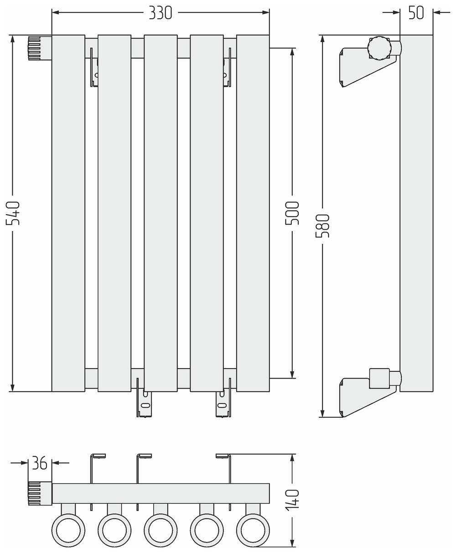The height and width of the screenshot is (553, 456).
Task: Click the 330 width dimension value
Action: tap(161, 14)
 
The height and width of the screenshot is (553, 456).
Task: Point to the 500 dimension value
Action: tap(292, 213)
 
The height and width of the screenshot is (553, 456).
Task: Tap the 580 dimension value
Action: tap(323, 226)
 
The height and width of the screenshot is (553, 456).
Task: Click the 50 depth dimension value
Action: tap(416, 13)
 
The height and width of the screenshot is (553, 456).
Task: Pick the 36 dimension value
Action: tap(40, 463)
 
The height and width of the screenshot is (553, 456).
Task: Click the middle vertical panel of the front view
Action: tap(161, 213)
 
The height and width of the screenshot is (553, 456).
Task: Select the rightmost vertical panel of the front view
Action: tap(253, 213)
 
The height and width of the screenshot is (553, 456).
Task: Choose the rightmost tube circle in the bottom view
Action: tap(253, 530)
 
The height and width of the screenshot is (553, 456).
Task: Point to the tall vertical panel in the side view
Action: tap(416, 213)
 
